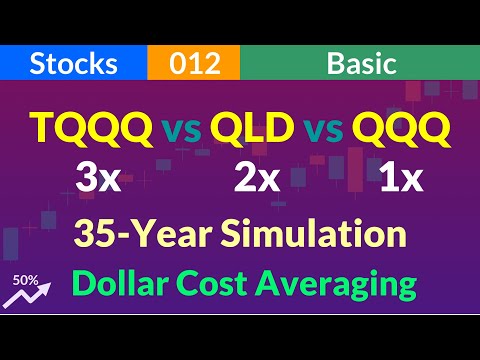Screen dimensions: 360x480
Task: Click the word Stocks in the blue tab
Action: (74, 64)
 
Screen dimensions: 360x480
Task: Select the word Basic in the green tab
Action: (361, 64)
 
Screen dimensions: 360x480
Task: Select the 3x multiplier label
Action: (97, 180)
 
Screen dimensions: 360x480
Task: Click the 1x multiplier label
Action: (401, 180)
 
